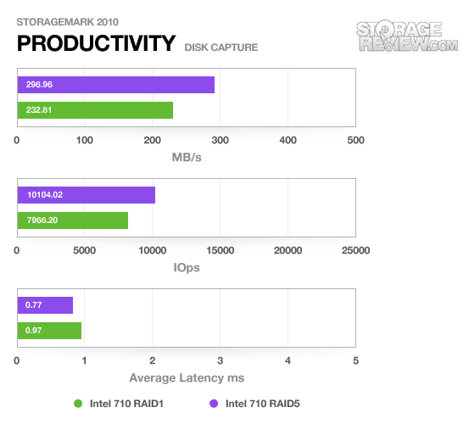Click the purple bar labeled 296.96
116,85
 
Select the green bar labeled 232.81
95,110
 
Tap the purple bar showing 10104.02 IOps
87,195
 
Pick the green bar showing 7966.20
73,220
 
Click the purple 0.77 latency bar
45,305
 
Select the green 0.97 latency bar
49,331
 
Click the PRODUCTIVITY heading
97,43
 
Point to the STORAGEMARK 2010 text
68,22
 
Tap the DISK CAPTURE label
221,47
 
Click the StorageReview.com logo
407,36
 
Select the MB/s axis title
187,158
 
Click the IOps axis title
187,268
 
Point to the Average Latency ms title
187,378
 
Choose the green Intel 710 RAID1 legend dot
78,404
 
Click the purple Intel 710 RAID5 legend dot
214,404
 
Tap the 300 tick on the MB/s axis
221,140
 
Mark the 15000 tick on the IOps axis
221,250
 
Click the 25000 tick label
356,250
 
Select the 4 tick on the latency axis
288,360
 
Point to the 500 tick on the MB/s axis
356,140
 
